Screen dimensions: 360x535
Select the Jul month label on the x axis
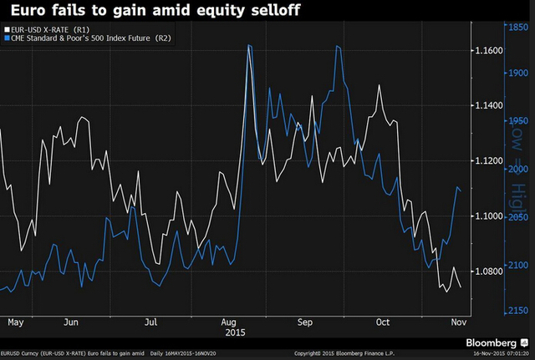point(150,321)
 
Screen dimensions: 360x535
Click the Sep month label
point(304,321)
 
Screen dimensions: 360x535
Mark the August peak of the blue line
point(250,45)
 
